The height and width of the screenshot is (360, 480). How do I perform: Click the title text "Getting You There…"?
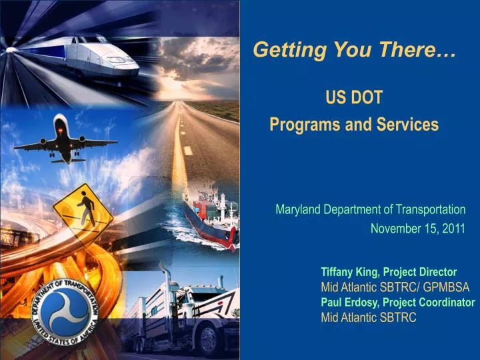pos(355,50)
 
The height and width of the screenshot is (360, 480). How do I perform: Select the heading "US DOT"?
pos(354,98)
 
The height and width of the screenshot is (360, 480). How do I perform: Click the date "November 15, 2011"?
pos(417,229)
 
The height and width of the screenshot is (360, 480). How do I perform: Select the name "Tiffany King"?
pos(349,272)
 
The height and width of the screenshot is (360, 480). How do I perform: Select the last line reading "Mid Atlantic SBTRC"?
pos(368,317)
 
